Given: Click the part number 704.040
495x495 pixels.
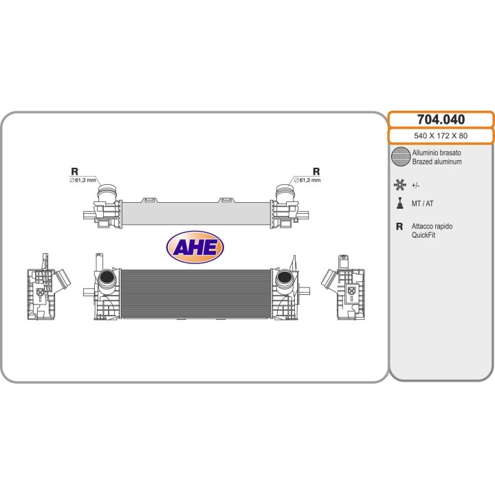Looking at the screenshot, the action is (x=441, y=120).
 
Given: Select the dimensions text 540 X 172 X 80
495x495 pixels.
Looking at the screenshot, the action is (x=441, y=135).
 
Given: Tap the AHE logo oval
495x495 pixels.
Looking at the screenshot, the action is (x=195, y=247).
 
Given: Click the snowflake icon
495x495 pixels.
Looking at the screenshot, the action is (x=399, y=185).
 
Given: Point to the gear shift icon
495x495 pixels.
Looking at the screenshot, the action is (x=400, y=203).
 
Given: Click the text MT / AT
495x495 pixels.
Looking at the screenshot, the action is (x=422, y=203).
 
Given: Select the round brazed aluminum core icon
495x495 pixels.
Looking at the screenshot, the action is (x=401, y=156).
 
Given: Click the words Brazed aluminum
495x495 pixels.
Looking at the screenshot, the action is (x=437, y=162).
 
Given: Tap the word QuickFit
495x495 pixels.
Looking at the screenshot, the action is (x=423, y=235).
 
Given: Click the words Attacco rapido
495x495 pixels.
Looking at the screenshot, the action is (x=432, y=226).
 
